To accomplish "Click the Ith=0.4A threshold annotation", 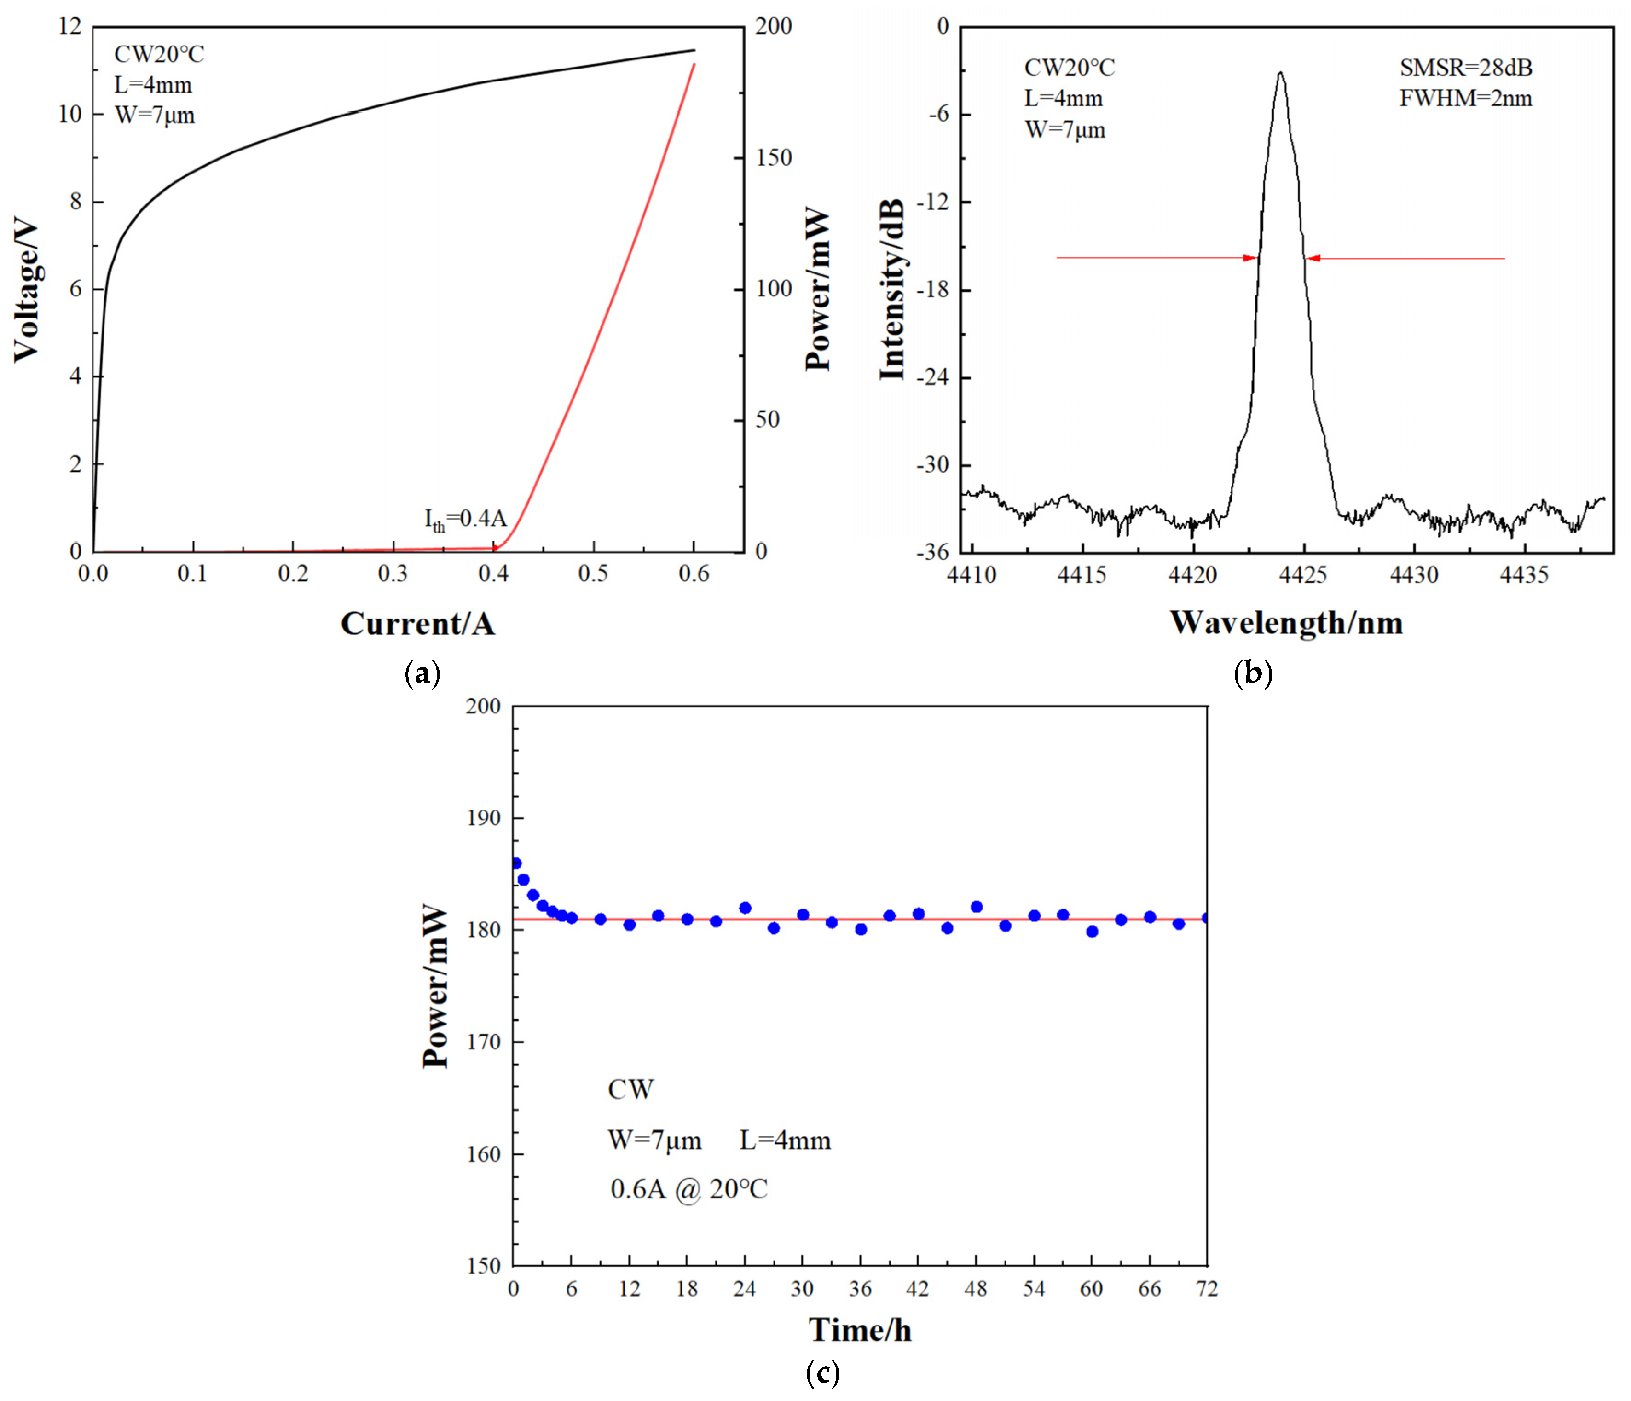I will point(465,520).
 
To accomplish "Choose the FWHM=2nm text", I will point(1466,98).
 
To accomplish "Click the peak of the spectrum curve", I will point(1281,73).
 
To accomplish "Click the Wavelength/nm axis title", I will point(1286,623).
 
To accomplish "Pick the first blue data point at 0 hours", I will point(515,863).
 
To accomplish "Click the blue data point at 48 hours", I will point(976,907).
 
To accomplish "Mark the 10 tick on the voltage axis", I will point(69,114).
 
